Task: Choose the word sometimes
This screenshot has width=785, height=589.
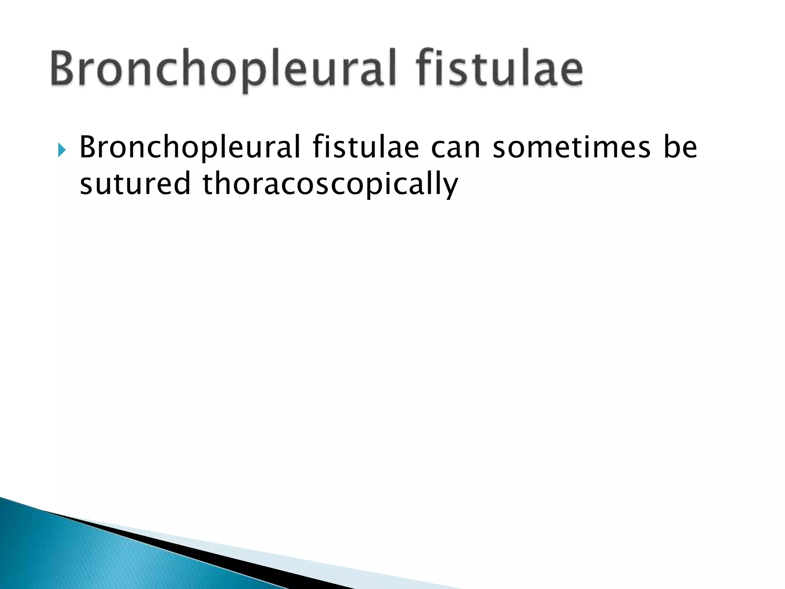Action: pos(572,148)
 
